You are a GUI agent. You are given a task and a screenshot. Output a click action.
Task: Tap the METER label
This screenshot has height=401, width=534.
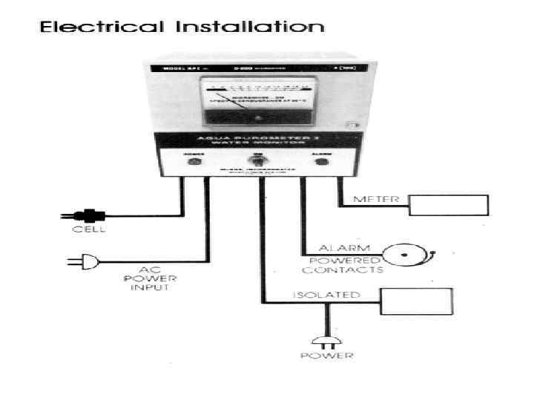click(x=377, y=199)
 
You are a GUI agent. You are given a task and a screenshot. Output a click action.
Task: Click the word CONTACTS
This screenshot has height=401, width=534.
click(x=349, y=270)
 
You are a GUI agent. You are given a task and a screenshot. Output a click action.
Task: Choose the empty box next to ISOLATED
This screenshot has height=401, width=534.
click(x=415, y=301)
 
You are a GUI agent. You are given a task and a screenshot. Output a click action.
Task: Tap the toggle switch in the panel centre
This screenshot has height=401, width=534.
click(x=260, y=160)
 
